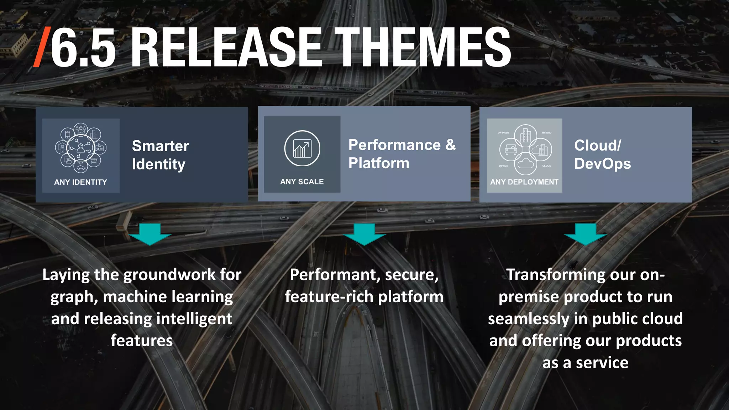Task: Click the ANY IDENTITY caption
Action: coord(80,182)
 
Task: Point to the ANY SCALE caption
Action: coord(302,182)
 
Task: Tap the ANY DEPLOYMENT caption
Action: coord(524,182)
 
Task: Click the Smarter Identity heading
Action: coord(160,155)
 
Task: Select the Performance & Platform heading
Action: coord(402,154)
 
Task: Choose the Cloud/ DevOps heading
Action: coord(602,154)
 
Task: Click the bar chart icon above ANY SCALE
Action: coord(302,148)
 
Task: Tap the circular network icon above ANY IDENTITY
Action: coord(81,148)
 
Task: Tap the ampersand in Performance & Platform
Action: coord(450,145)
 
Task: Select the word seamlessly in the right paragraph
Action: coord(529,319)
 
